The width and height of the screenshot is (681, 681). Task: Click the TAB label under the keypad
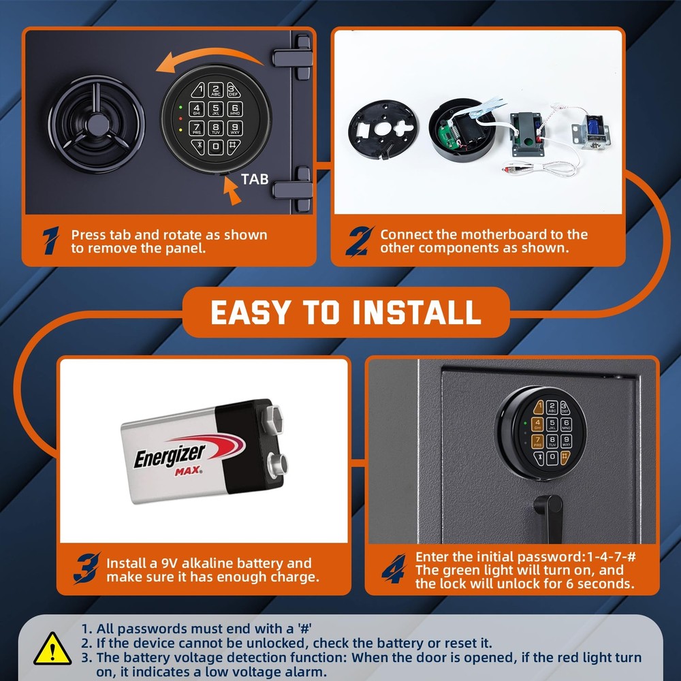255,179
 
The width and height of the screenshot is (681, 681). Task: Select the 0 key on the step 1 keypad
216,146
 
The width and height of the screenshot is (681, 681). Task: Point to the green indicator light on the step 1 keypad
180,107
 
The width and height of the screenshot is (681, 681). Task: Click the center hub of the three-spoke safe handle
97,125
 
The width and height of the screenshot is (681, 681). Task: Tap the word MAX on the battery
188,471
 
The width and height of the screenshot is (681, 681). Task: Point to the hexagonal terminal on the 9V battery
271,418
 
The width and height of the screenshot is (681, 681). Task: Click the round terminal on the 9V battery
277,464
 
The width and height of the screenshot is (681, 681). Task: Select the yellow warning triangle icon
52,648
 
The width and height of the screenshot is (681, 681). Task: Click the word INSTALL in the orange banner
417,313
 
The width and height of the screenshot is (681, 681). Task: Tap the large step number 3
87,568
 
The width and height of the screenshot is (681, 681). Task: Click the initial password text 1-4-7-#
611,557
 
